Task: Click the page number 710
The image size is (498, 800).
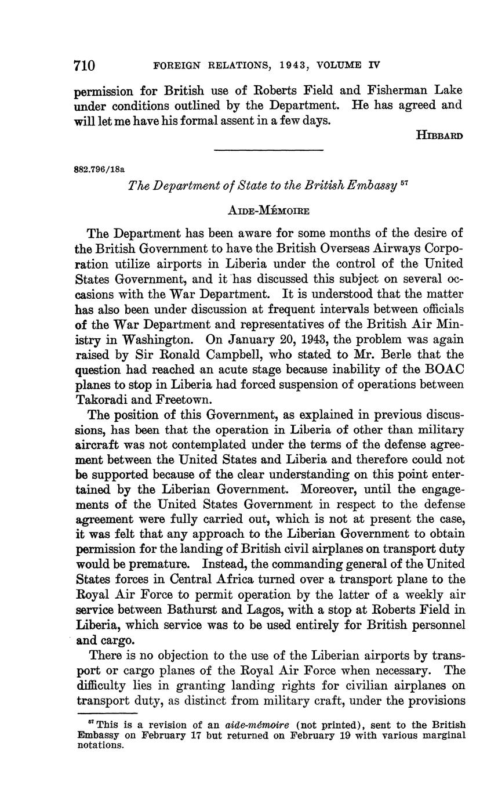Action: [x=84, y=65]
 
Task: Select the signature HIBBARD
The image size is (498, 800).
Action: [x=439, y=136]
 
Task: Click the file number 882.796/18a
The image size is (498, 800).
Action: [x=100, y=169]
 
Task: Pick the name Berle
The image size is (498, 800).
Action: [x=361, y=354]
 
